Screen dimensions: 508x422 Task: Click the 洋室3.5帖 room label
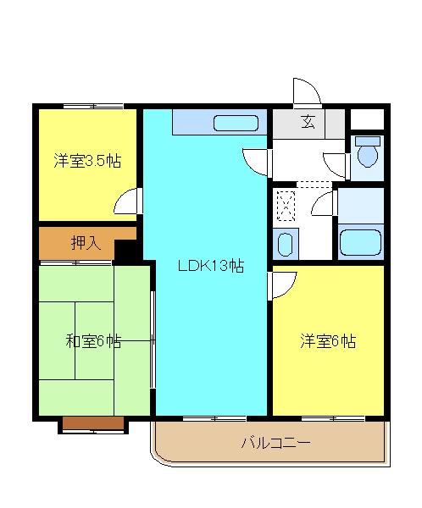coord(87,160)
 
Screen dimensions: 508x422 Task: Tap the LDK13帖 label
coord(211,265)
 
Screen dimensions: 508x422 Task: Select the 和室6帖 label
coord(93,341)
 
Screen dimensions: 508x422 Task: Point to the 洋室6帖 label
coord(327,341)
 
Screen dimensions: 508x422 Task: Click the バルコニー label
coord(276,442)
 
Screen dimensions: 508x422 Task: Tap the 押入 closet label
coord(86,243)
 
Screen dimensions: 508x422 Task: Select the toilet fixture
coord(367,152)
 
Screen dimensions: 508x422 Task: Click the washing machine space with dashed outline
coord(286,206)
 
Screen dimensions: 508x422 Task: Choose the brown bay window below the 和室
coord(93,424)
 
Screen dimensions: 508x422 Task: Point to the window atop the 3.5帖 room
coord(93,107)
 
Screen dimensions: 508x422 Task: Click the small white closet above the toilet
coord(367,118)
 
